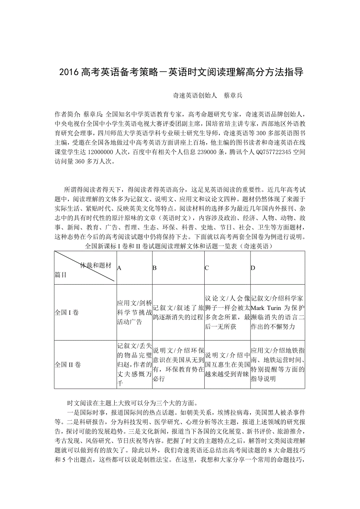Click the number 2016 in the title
(69, 72)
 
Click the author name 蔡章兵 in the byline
(233, 95)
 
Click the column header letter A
(119, 267)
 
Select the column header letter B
(155, 267)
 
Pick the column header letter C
(207, 267)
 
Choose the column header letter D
(253, 267)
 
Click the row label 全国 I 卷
(67, 313)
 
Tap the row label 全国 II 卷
(68, 364)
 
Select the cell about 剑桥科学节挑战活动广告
(134, 312)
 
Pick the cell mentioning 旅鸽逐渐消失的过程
(178, 312)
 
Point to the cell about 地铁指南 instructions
(277, 364)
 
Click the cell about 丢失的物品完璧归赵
(134, 364)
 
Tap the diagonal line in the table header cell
(85, 266)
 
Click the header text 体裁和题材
(95, 265)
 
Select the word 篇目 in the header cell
(61, 275)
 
